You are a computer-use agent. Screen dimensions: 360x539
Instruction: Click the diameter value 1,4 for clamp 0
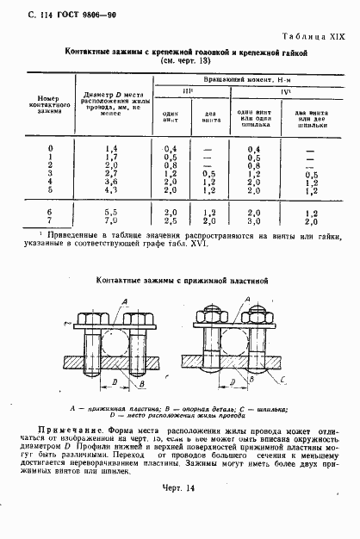coord(111,149)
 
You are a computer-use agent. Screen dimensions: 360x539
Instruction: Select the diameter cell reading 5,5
coord(111,211)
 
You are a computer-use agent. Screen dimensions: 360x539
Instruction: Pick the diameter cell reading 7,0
coord(111,220)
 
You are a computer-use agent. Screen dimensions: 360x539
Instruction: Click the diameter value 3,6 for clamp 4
coord(111,182)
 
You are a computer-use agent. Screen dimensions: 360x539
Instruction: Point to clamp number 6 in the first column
coord(49,211)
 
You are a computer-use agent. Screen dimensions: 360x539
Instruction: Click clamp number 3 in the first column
coord(49,173)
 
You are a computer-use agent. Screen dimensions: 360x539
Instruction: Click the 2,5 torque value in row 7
coord(171,220)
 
